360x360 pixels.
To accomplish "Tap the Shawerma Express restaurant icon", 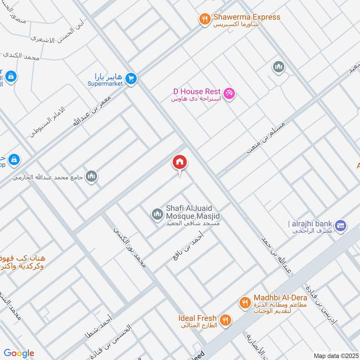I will tap(205, 19).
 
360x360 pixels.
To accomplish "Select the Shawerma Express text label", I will tap(247, 17).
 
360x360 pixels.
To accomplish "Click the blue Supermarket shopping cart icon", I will tap(131, 79).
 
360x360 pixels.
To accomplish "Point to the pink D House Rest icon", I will tap(229, 93).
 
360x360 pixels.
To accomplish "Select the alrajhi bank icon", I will tap(340, 225).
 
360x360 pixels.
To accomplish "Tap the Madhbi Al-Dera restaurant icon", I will tap(245, 303).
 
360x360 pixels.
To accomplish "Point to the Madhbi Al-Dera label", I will tap(280, 298).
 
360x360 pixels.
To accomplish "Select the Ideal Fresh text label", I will tap(197, 318).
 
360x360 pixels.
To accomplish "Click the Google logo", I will tap(19, 353).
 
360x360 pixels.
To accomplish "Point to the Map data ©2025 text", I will tap(335, 355).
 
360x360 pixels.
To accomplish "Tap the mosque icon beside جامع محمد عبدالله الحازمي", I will tap(91, 175).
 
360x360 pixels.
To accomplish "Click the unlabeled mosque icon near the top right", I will tap(279, 67).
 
